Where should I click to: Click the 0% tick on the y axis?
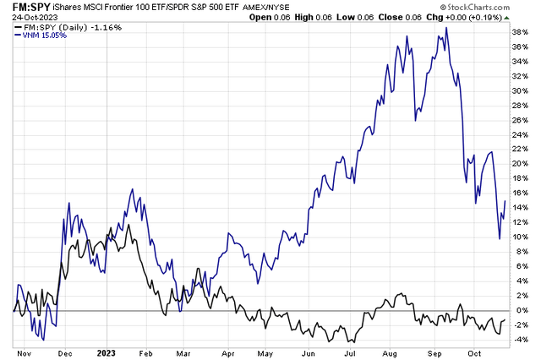521,311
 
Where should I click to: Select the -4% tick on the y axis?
522,341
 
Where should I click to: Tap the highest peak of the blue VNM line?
445,28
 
